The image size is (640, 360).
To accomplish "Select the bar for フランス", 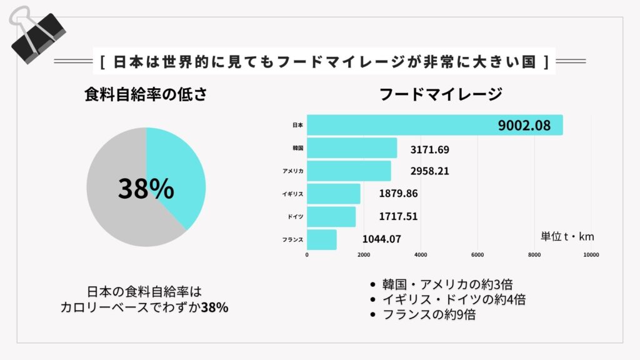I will tap(322, 239).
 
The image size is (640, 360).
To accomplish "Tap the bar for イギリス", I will tap(334, 194).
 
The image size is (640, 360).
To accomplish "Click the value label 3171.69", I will tap(430, 150).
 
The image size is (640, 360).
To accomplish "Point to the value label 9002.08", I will tap(524, 126).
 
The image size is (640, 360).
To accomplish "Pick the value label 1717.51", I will tap(398, 217).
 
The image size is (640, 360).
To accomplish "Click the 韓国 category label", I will tap(297, 148).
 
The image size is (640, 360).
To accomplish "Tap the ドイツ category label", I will tap(296, 216).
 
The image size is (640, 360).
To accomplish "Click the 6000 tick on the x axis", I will tap(477, 254).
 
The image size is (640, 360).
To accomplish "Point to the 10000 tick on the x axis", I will tap(591, 254).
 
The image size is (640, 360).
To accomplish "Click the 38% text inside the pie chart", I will tap(146, 188).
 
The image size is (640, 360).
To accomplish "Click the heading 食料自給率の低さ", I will tap(146, 94).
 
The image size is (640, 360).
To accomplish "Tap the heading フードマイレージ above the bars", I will tap(441, 94).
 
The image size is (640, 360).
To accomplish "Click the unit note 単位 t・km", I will tap(567, 236).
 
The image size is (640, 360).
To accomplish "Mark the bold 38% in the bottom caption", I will tap(214, 307).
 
